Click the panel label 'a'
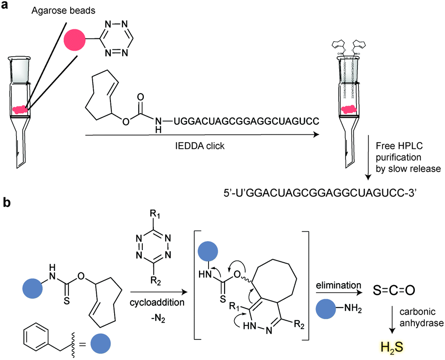coord(6,7)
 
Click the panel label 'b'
coord(6,202)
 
